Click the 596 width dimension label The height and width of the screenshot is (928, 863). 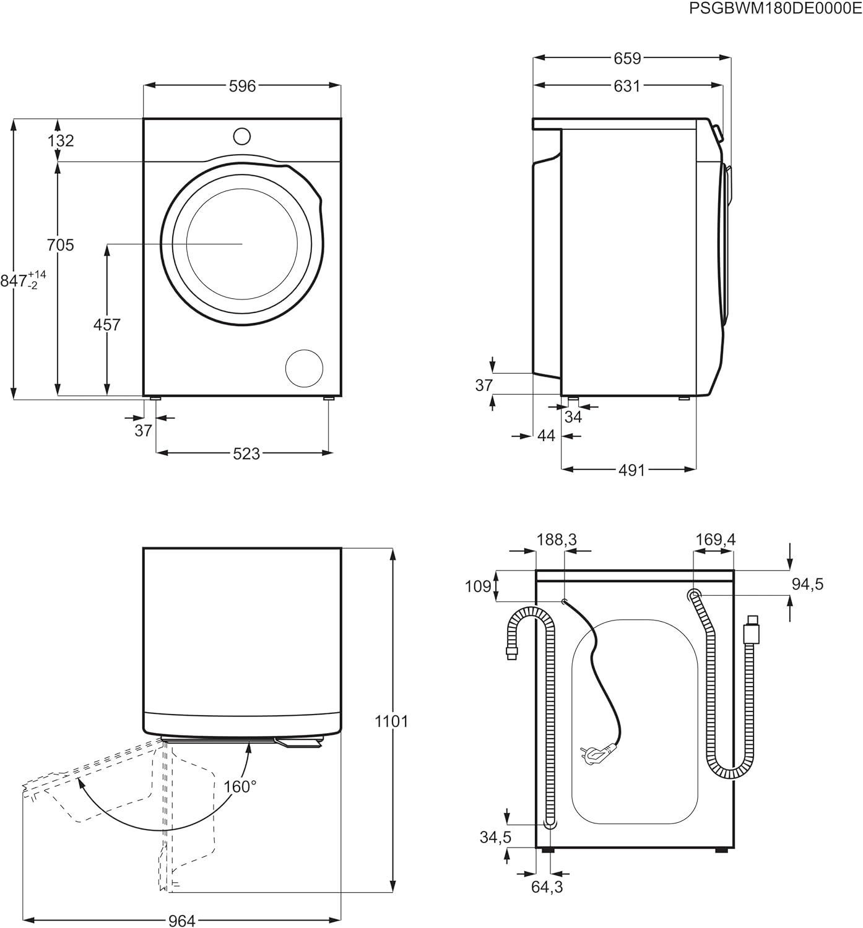[242, 86]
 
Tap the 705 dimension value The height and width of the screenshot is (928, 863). [60, 245]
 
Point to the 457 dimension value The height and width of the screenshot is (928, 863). [106, 324]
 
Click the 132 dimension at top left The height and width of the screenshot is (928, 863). [61, 140]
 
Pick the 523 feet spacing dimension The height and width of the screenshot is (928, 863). [246, 453]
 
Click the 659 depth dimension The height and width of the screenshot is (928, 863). [627, 58]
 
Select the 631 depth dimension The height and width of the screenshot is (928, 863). [627, 86]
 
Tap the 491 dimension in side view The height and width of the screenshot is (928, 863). [631, 470]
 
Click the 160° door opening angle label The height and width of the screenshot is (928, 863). [240, 786]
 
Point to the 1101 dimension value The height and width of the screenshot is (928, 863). [392, 721]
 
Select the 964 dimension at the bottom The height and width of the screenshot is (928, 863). [182, 921]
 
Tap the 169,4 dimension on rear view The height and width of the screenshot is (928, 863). [715, 539]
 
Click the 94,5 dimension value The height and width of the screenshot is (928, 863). [807, 583]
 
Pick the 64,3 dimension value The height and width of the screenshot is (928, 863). [547, 887]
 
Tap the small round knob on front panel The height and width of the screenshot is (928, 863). [241, 136]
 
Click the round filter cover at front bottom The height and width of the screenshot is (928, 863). [304, 368]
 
